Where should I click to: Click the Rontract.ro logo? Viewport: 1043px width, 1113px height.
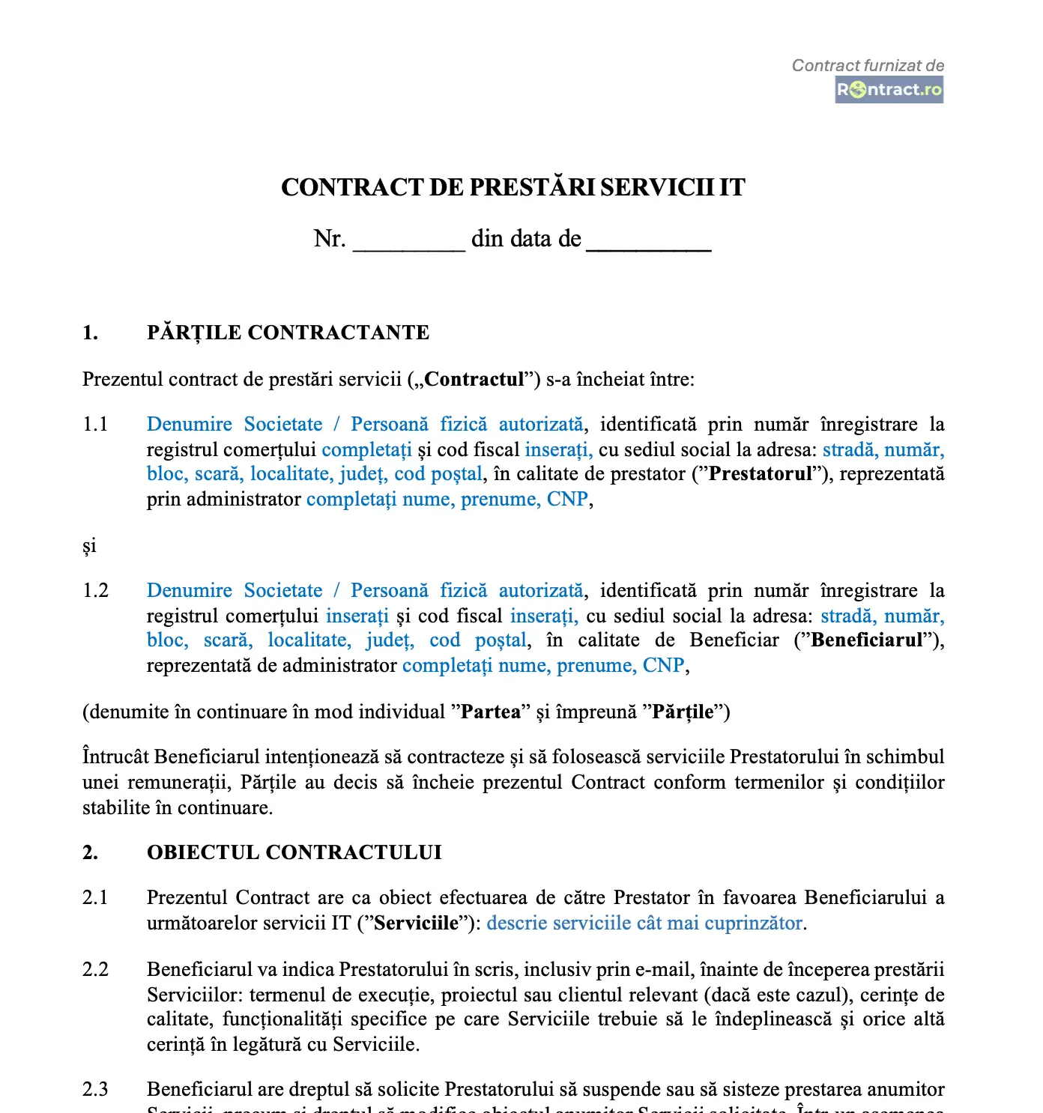pyautogui.click(x=889, y=90)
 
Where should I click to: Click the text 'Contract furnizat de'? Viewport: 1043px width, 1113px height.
pyautogui.click(x=868, y=66)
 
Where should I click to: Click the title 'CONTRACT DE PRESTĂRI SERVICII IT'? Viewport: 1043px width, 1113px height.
pyautogui.click(x=513, y=187)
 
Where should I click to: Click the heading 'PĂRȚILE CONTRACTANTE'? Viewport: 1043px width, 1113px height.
pyautogui.click(x=288, y=333)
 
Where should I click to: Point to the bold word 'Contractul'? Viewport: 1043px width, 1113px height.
pyautogui.click(x=474, y=380)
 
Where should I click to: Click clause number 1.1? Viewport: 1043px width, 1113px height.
pyautogui.click(x=95, y=425)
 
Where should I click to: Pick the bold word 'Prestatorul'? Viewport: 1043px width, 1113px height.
pyautogui.click(x=761, y=474)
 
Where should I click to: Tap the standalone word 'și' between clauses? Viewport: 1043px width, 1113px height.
pyautogui.click(x=89, y=546)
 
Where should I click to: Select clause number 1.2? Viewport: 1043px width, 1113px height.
pyautogui.click(x=95, y=591)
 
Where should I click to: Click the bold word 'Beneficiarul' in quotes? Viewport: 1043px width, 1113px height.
pyautogui.click(x=866, y=640)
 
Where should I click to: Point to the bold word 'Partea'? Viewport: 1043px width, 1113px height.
pyautogui.click(x=490, y=712)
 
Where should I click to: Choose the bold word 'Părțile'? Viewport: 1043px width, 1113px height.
pyautogui.click(x=683, y=712)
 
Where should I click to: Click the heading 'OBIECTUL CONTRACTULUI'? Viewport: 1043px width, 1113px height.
pyautogui.click(x=294, y=853)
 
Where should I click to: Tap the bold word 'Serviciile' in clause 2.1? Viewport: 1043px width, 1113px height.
pyautogui.click(x=416, y=924)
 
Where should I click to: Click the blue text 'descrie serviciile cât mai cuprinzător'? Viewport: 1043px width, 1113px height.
pyautogui.click(x=644, y=924)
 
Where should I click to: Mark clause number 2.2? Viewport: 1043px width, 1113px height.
pyautogui.click(x=95, y=970)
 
